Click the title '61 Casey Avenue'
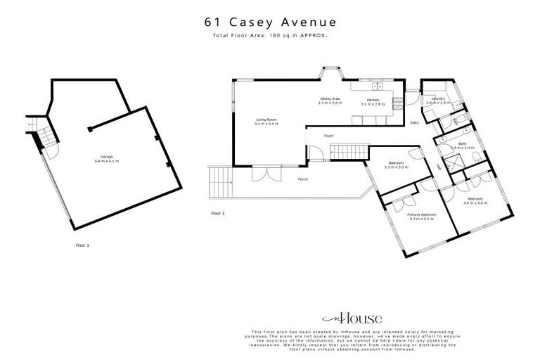(x=270, y=21)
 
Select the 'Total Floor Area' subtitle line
(x=270, y=34)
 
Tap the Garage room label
(x=107, y=159)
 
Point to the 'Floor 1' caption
(x=82, y=245)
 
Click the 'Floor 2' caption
(x=218, y=212)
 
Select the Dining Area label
(x=330, y=101)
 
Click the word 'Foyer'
(x=328, y=135)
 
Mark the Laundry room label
(x=439, y=100)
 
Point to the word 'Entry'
(x=413, y=124)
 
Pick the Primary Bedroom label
(x=423, y=216)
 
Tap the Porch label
(x=303, y=179)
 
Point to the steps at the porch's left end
(x=220, y=184)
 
